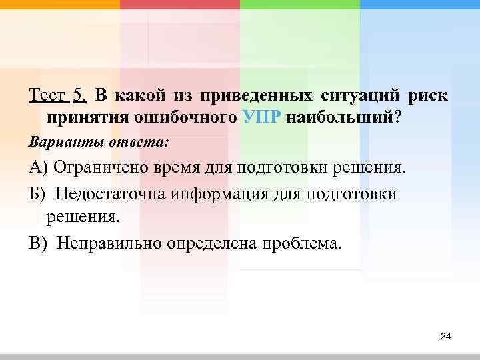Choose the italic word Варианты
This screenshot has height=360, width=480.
(57, 142)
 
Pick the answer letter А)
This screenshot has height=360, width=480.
(38, 167)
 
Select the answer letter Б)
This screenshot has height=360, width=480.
(38, 193)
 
